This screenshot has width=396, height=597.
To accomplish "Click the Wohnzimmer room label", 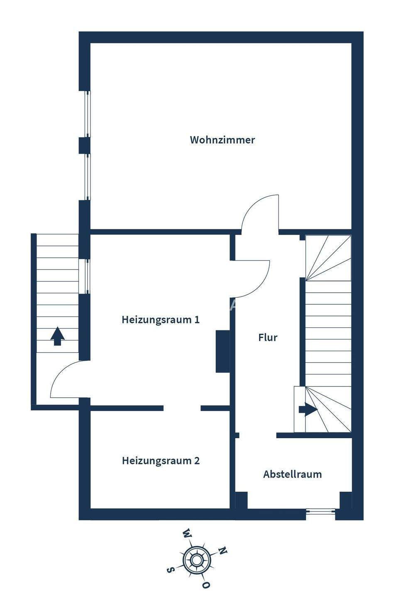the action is coord(222,140).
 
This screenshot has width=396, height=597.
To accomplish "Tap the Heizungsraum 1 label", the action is coord(161,320).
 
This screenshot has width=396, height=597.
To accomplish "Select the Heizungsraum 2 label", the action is coord(161,461).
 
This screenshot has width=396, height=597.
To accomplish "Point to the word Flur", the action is coord(268,337).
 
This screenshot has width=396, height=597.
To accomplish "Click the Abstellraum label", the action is coord(292,474).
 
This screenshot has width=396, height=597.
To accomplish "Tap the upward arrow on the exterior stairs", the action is coord(57,336).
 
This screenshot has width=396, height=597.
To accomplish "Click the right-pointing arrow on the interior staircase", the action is coord(308,410).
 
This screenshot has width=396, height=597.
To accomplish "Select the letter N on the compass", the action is coord(223,551).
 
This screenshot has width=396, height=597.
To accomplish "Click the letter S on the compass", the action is coord(169,570).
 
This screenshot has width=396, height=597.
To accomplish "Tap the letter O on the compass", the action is coord(206,585).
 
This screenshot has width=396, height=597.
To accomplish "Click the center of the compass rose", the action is coord(197,560).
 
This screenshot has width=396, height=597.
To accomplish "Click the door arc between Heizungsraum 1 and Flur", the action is coord(253,280).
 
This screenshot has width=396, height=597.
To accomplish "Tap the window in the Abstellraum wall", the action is coord(320,512).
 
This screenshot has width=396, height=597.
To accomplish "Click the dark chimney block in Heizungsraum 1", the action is coord(222,351).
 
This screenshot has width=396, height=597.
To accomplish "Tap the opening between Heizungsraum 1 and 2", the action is coord(182,408).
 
